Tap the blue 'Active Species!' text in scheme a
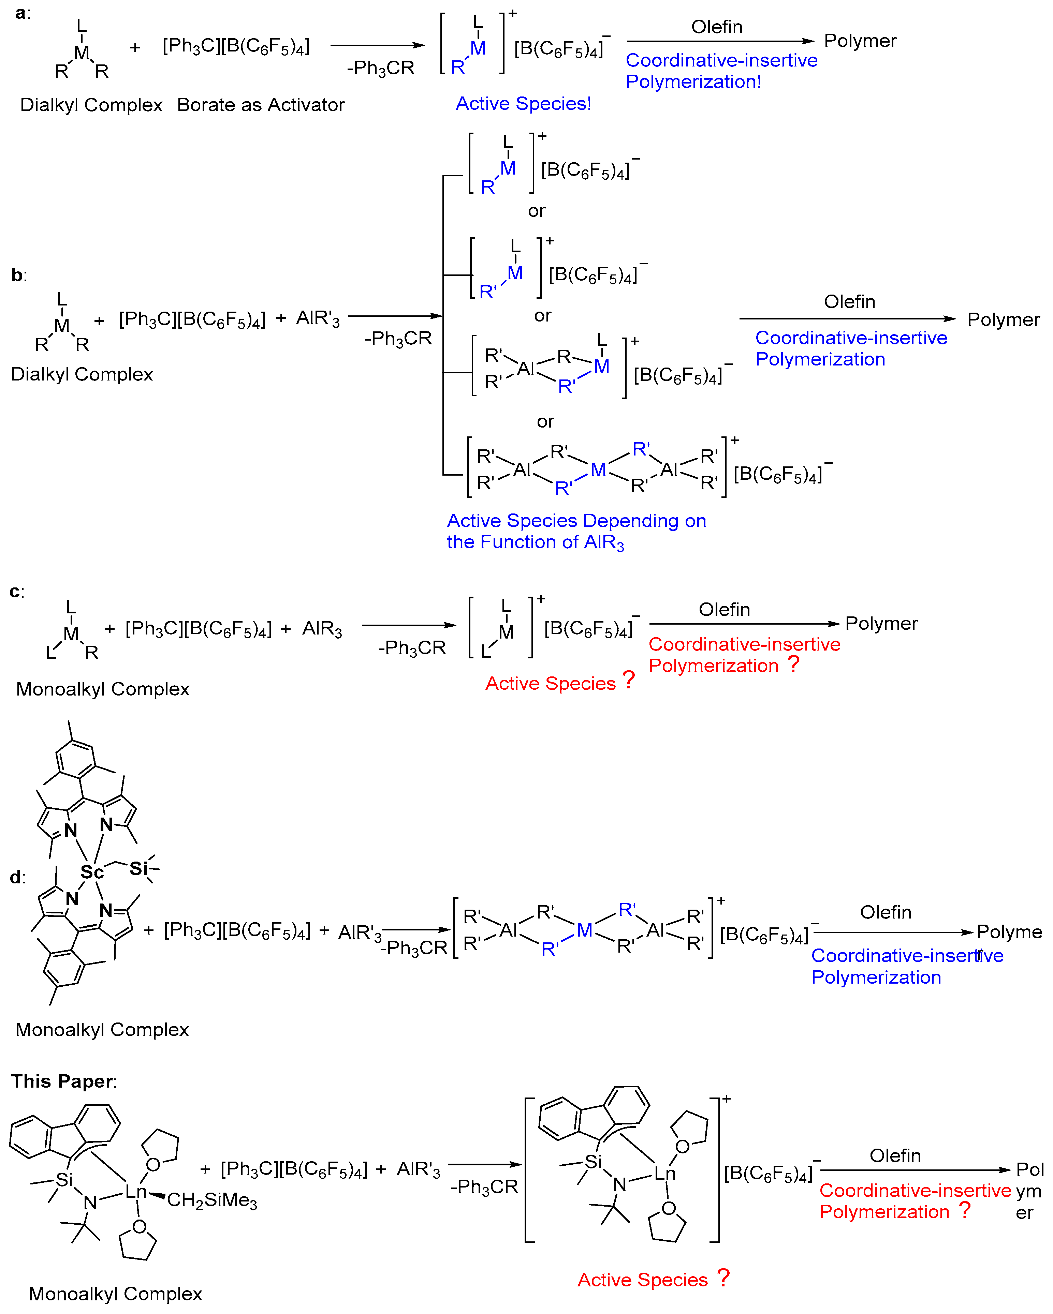click(523, 104)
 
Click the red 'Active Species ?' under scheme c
click(560, 683)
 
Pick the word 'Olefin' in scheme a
click(716, 27)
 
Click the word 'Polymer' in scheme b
click(1003, 319)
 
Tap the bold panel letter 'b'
click(17, 275)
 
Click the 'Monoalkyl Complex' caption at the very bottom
click(115, 1293)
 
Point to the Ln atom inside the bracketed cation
click(664, 1173)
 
